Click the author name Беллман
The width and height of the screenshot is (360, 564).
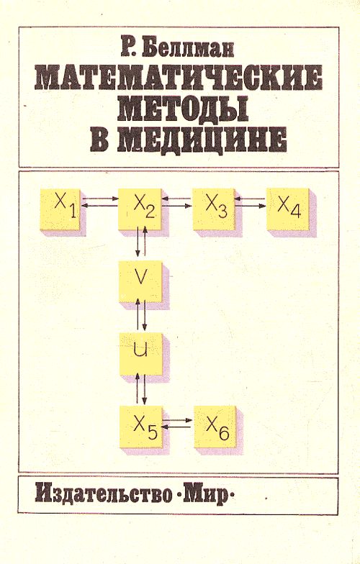pos(187,48)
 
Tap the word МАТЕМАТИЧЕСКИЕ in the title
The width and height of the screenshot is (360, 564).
pos(179,77)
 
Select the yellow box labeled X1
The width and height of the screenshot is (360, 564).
pos(60,209)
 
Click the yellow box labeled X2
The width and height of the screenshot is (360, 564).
pos(140,209)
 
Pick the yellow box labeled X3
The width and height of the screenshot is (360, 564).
pos(213,209)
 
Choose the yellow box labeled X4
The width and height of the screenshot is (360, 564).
pos(288,209)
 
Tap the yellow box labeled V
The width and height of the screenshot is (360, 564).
pos(140,282)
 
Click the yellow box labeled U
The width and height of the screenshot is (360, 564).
pos(140,354)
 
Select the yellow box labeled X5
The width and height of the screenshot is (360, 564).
pos(141,427)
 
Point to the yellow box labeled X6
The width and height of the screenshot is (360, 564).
pos(215,427)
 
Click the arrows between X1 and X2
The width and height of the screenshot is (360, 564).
pos(100,201)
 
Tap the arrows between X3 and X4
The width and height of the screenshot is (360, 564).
pos(251,201)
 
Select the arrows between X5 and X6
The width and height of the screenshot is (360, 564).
pos(176,423)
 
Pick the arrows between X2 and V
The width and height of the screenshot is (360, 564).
pos(141,242)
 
